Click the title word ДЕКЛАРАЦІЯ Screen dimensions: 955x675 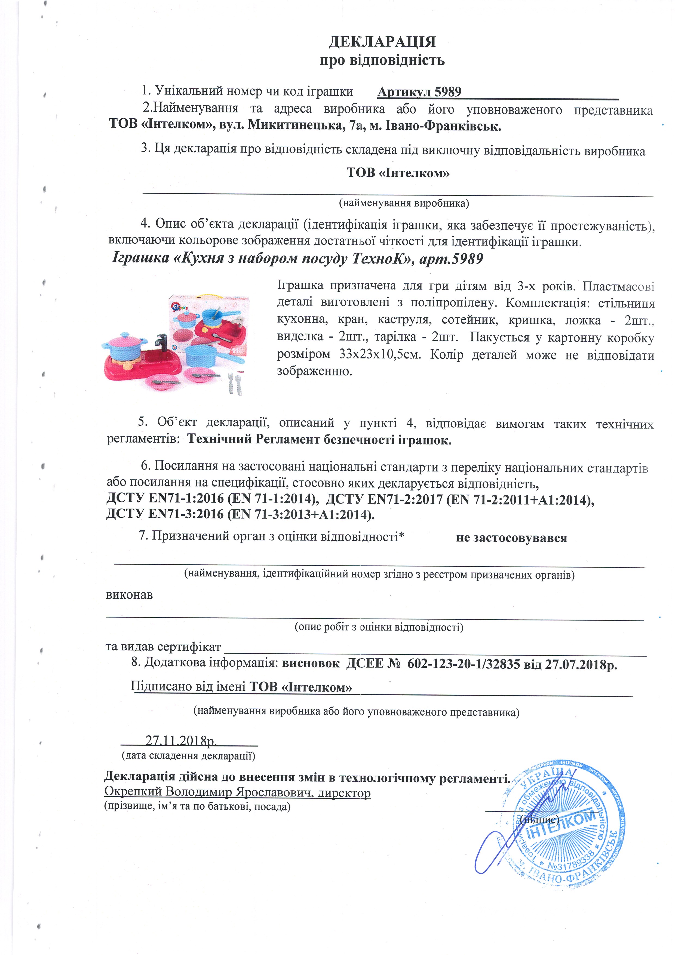click(382, 42)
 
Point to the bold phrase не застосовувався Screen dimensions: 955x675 click(511, 538)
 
